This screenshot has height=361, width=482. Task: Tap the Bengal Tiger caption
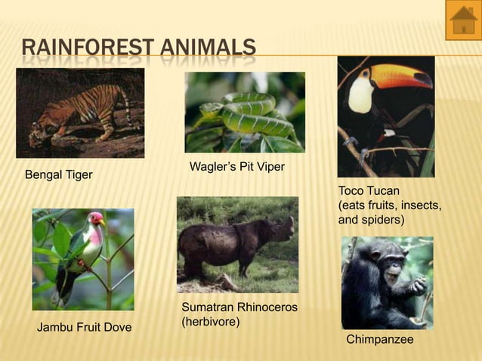click(x=59, y=175)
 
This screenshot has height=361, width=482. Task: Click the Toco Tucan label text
click(x=369, y=190)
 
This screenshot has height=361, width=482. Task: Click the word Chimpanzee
click(x=379, y=340)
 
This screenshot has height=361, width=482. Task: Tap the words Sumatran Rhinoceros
click(x=239, y=307)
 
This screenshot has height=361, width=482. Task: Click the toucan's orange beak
click(x=400, y=75)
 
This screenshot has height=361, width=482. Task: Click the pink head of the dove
click(x=96, y=220)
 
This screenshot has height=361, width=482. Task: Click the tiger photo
click(x=80, y=113)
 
